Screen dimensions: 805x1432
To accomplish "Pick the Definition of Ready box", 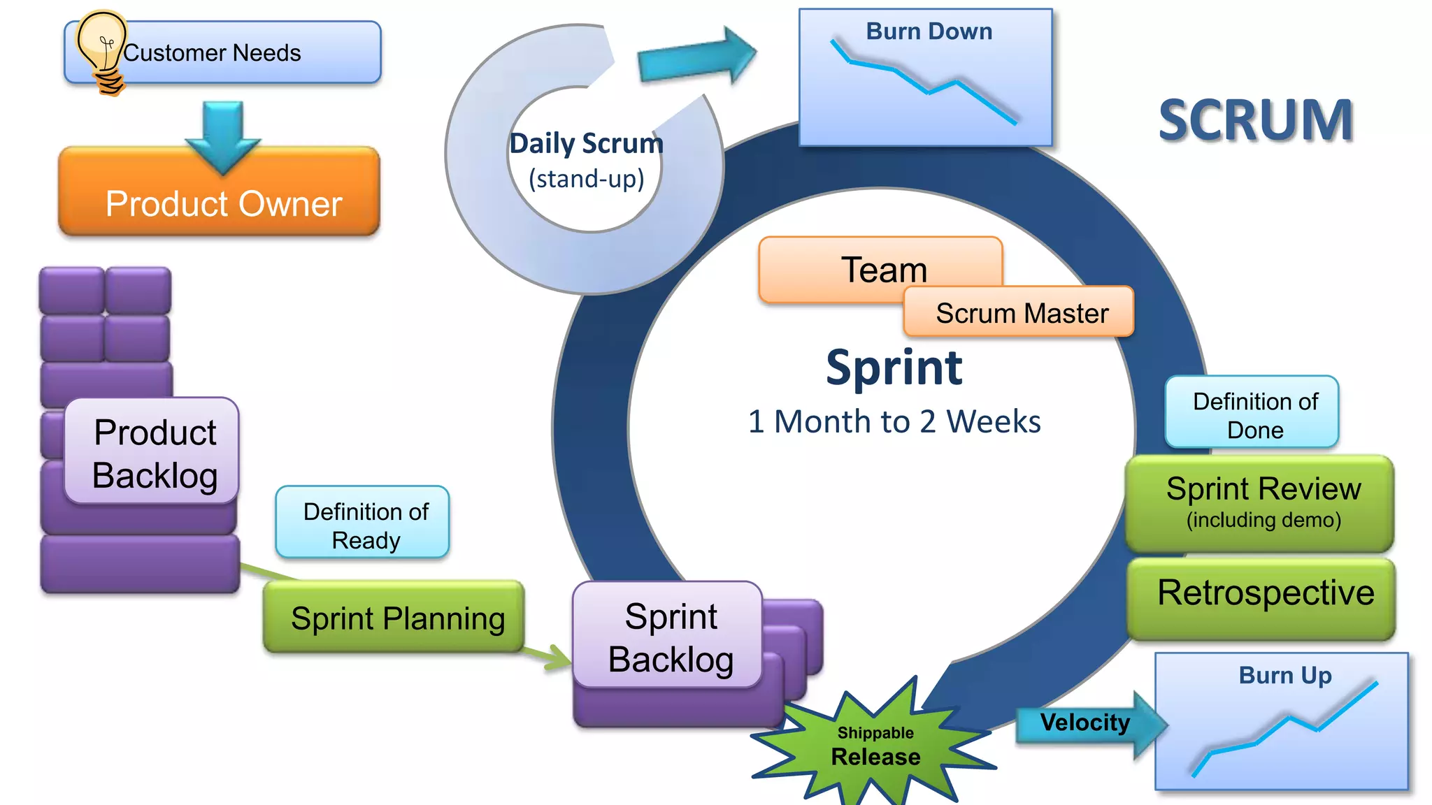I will (x=363, y=524).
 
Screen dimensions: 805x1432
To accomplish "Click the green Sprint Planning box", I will (x=394, y=618).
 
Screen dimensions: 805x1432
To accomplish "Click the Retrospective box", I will (x=1263, y=595).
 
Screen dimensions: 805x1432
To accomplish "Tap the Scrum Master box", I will (x=1021, y=312).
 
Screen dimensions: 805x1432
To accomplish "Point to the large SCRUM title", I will (x=1255, y=120).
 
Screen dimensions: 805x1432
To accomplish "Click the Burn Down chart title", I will (x=929, y=31).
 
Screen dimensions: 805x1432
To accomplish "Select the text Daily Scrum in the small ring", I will (x=586, y=144).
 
